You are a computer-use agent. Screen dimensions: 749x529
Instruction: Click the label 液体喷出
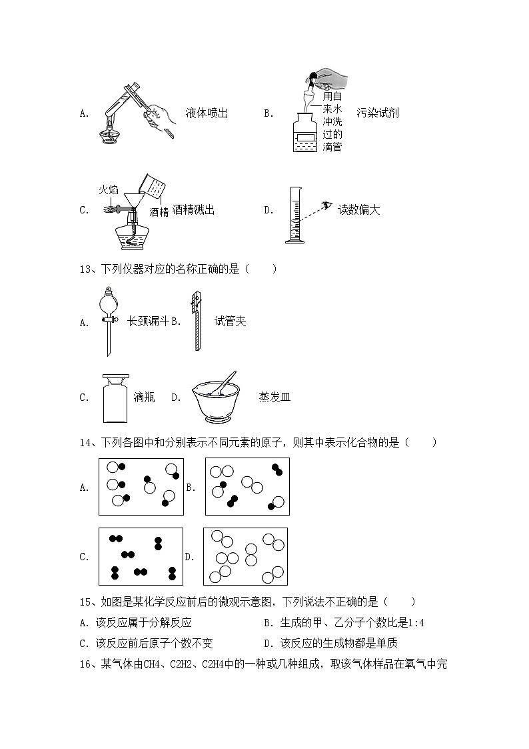pos(207,113)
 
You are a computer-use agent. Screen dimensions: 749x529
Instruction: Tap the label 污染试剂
pos(377,113)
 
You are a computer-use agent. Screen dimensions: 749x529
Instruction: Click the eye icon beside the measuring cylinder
pos(326,205)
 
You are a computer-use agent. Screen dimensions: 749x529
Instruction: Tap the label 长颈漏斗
pos(147,321)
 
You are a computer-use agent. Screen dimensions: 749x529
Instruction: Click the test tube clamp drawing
pos(196,320)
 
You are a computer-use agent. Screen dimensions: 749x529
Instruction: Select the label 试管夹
pos(231,321)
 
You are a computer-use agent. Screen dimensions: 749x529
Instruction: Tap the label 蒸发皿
pos(274,398)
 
